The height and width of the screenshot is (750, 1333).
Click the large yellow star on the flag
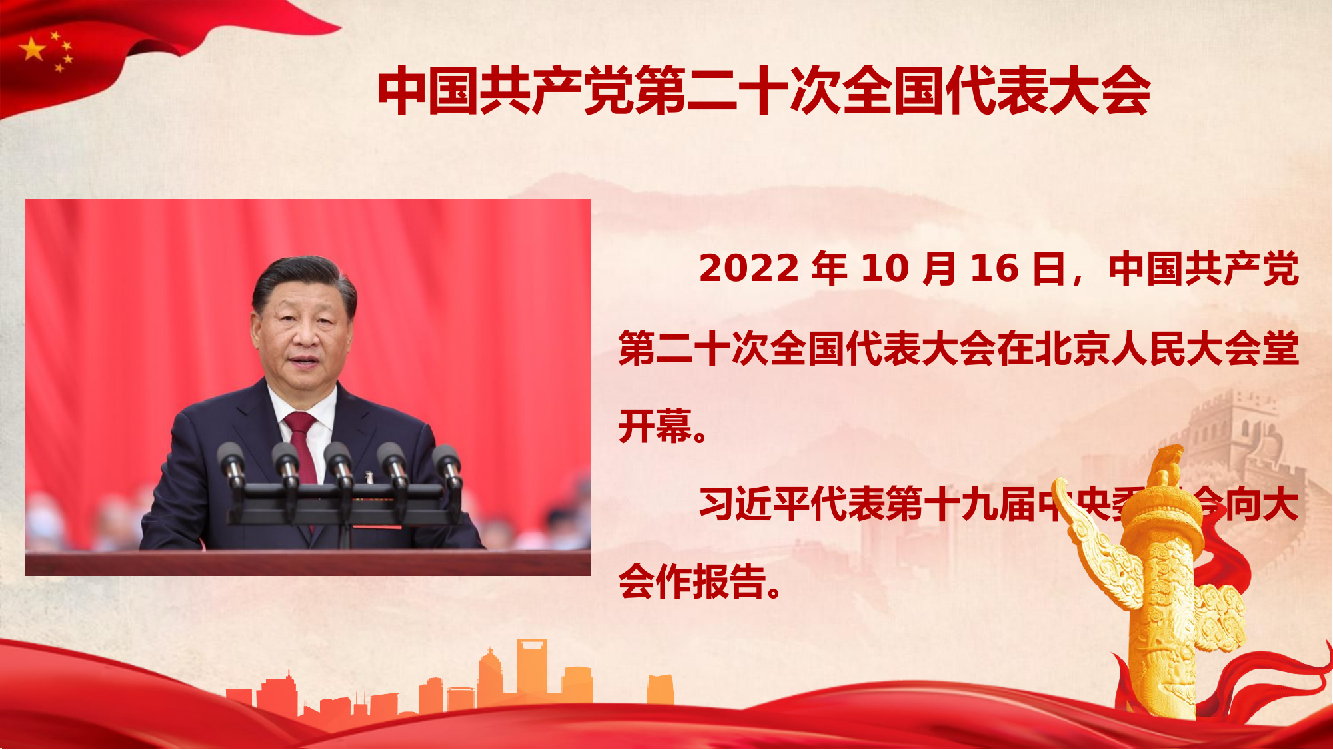coord(32,49)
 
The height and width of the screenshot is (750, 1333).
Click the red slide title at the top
coord(764,91)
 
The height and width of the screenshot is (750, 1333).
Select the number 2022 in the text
coord(748,269)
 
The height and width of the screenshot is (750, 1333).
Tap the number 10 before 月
coord(885,269)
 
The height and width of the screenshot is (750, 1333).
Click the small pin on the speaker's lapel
coord(369,478)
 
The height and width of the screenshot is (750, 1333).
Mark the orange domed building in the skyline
coord(490,676)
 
